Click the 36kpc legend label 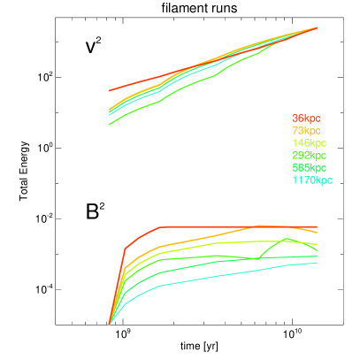coord(306,118)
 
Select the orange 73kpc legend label coord(306,130)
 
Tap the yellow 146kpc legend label coord(309,142)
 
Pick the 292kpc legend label coord(309,155)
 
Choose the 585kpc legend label coord(309,167)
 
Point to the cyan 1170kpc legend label coord(311,180)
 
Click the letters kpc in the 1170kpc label coord(323,180)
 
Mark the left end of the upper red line coord(109,90)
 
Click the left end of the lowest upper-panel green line coord(109,124)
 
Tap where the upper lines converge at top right coord(317,28)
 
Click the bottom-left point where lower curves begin coord(109,324)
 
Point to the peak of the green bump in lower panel coord(287,239)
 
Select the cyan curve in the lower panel coord(221,275)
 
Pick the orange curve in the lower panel coord(203,238)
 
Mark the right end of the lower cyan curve coord(317,262)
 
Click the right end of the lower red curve coord(317,226)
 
